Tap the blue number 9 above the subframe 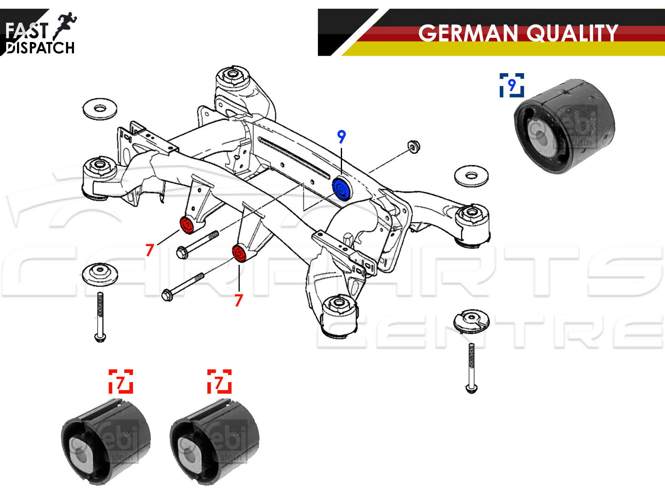341,136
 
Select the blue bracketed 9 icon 512,85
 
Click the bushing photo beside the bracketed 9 564,126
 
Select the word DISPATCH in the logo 41,48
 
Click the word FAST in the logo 27,30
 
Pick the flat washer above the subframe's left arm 100,109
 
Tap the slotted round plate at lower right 471,321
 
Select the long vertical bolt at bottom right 471,368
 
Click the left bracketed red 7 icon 121,381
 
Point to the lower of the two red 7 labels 238,300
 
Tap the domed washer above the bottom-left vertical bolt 100,274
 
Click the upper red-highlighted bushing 187,225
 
